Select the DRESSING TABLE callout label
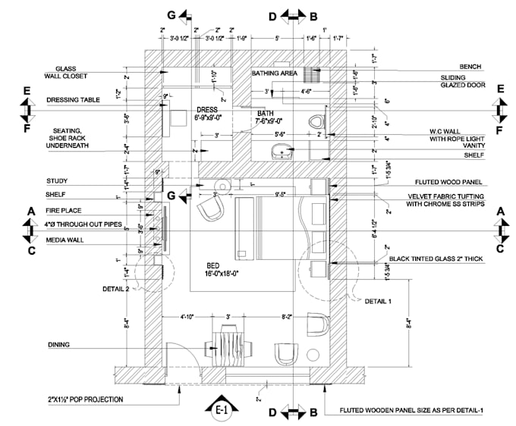click(x=73, y=99)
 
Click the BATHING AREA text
click(x=275, y=73)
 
